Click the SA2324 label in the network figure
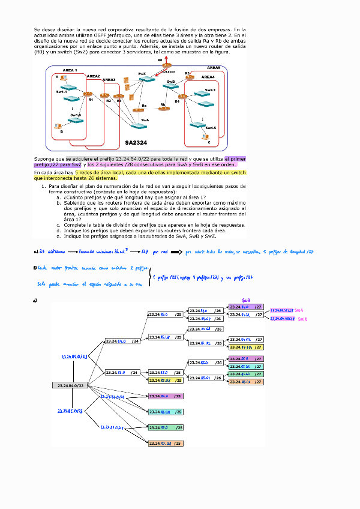pos(136,143)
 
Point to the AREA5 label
pos(214,68)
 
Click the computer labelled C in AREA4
pos(205,136)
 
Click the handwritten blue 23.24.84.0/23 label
pos(74,357)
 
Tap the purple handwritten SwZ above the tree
pos(246,300)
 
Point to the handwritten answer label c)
pos(37,301)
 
